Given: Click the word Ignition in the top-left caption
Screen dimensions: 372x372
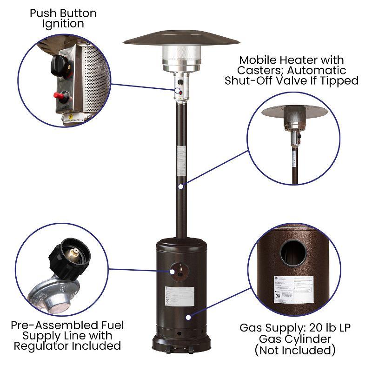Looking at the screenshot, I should (63, 23).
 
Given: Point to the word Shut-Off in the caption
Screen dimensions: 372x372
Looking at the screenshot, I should (252, 80).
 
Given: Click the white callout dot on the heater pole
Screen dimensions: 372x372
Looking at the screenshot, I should (180, 186).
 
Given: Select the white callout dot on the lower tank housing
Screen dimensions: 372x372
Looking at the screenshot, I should (188, 317).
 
